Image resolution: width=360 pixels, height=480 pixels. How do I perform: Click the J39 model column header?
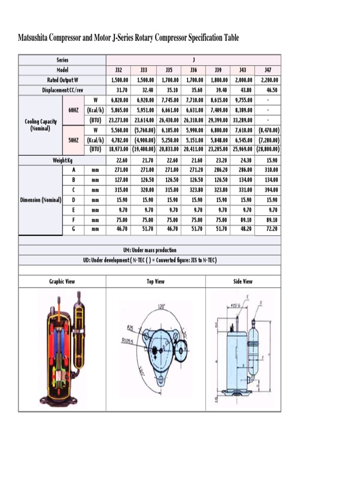(x=218, y=70)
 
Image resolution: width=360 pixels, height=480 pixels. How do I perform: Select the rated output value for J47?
(x=269, y=80)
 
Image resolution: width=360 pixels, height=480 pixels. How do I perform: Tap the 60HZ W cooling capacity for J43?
(x=243, y=100)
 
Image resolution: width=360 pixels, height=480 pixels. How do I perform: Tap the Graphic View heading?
(x=62, y=282)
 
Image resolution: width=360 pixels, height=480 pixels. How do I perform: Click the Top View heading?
(x=156, y=282)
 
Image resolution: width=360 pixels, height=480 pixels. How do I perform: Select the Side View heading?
(x=243, y=282)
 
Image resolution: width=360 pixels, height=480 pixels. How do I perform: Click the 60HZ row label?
(x=74, y=110)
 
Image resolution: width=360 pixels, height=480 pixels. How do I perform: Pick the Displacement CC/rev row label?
(x=62, y=90)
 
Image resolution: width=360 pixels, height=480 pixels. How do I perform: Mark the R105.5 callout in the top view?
(x=128, y=341)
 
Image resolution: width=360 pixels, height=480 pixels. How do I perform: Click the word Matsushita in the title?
(x=36, y=38)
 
